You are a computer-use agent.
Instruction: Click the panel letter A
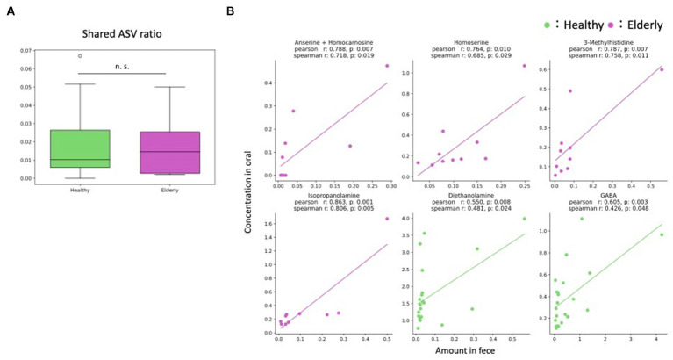tap(8, 11)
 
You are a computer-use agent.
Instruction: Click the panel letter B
tap(231, 11)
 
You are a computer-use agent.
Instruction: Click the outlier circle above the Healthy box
tap(80, 55)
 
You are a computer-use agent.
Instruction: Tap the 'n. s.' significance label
tap(123, 64)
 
